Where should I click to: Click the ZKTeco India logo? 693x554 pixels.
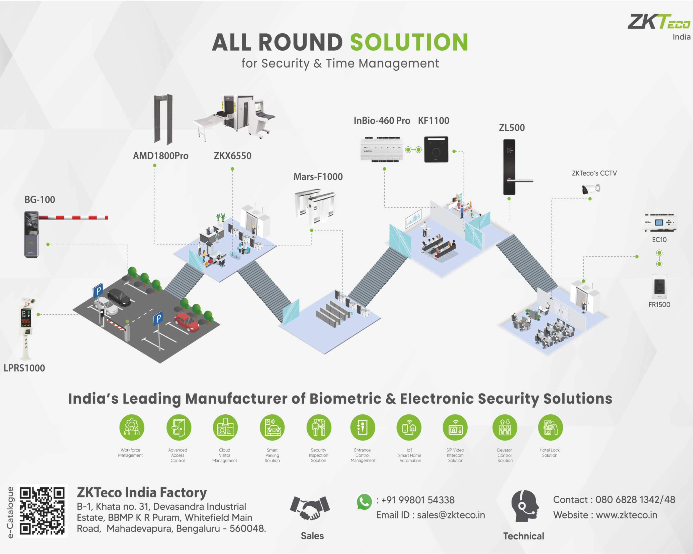[x=659, y=26]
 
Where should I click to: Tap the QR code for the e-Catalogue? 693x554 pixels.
[x=42, y=511]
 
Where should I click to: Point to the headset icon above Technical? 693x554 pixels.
[x=525, y=506]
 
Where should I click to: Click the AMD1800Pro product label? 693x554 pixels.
[x=161, y=156]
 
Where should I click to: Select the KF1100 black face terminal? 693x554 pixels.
[x=436, y=149]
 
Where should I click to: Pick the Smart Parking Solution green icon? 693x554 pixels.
[x=272, y=427]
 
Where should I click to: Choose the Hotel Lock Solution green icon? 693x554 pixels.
[x=550, y=427]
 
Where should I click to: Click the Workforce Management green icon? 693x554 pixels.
[x=132, y=427]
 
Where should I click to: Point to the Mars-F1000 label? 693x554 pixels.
[x=318, y=177]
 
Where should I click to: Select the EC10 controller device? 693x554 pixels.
[x=659, y=222]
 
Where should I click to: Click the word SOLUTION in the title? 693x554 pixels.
[x=409, y=42]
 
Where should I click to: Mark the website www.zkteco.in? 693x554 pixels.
[x=627, y=515]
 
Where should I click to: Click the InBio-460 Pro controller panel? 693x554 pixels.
[x=382, y=149]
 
